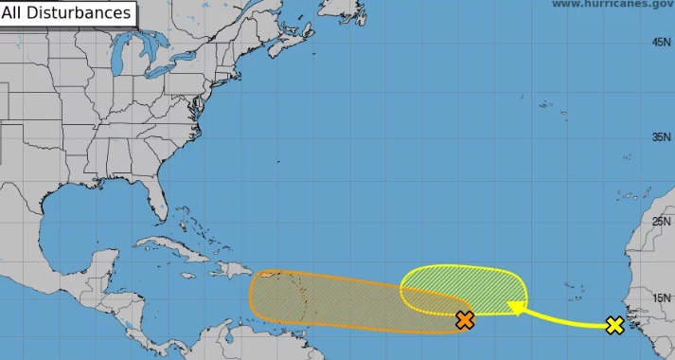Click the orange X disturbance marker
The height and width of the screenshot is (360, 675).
[x=464, y=319]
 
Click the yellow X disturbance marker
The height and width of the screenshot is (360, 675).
[x=614, y=326]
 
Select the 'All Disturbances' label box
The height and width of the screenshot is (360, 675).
[x=66, y=13]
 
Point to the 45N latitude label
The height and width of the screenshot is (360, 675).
[x=662, y=43]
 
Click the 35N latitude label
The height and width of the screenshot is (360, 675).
[x=662, y=136]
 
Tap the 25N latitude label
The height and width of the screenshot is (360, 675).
[x=662, y=221]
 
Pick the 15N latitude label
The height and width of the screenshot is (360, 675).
[x=662, y=298]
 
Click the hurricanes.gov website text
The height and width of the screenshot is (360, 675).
[x=612, y=5]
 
